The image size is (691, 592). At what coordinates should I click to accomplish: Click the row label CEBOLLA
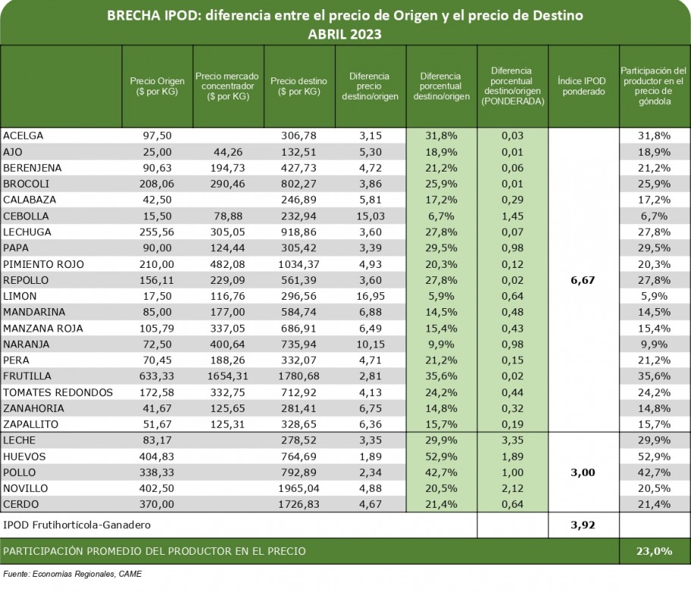[x=26, y=216]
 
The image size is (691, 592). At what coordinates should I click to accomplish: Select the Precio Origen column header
[x=157, y=87]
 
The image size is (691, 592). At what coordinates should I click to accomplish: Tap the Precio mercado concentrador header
[x=228, y=87]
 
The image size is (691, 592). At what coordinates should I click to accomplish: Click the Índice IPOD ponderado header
[x=583, y=87]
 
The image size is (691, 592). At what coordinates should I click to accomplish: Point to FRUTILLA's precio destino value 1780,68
[x=298, y=376]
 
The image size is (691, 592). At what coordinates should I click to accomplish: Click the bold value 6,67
[x=582, y=280]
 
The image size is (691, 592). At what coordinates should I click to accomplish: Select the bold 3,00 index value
[x=582, y=473]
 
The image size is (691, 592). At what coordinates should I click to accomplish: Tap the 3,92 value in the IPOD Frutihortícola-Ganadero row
[x=582, y=525]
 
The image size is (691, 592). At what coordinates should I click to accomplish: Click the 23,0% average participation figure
[x=654, y=551]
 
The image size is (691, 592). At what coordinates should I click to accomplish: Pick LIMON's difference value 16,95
[x=371, y=297]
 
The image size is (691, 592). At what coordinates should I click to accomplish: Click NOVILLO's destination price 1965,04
[x=298, y=489]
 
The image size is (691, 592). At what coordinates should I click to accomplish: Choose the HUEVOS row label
[x=24, y=457]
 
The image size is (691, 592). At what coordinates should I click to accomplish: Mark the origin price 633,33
[x=157, y=376]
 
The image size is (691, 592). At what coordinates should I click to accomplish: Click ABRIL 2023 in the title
[x=345, y=34]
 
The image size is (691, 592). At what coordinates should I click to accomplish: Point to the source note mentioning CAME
[x=73, y=574]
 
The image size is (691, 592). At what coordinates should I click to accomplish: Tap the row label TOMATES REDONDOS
[x=58, y=392]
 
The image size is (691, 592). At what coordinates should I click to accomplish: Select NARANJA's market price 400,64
[x=228, y=345]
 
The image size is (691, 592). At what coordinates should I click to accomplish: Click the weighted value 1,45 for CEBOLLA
[x=513, y=216]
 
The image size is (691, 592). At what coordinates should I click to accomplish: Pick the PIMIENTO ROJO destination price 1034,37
[x=298, y=264]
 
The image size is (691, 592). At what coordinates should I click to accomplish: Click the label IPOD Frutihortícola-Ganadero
[x=77, y=525]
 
